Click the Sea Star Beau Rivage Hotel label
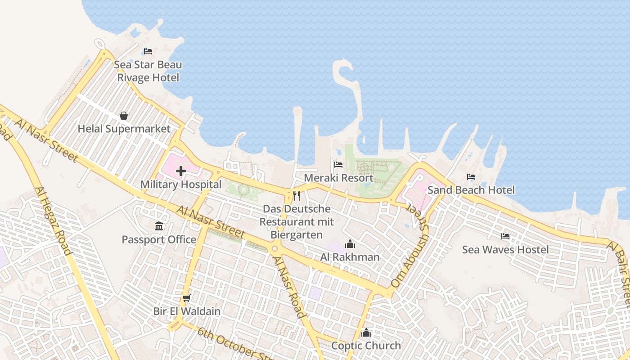148,71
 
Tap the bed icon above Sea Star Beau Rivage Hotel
148,51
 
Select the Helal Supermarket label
124,129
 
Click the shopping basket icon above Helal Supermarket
124,116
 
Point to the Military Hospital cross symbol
181,171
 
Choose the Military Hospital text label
181,184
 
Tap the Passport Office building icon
159,226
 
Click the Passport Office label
159,239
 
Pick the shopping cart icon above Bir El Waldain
187,298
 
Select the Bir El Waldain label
187,311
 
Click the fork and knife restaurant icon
297,196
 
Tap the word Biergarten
297,235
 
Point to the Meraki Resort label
338,178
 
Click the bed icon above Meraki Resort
338,165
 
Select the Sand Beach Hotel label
471,190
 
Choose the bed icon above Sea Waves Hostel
505,236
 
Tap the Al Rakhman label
350,257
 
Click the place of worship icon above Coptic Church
366,333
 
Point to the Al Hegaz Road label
54,221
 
